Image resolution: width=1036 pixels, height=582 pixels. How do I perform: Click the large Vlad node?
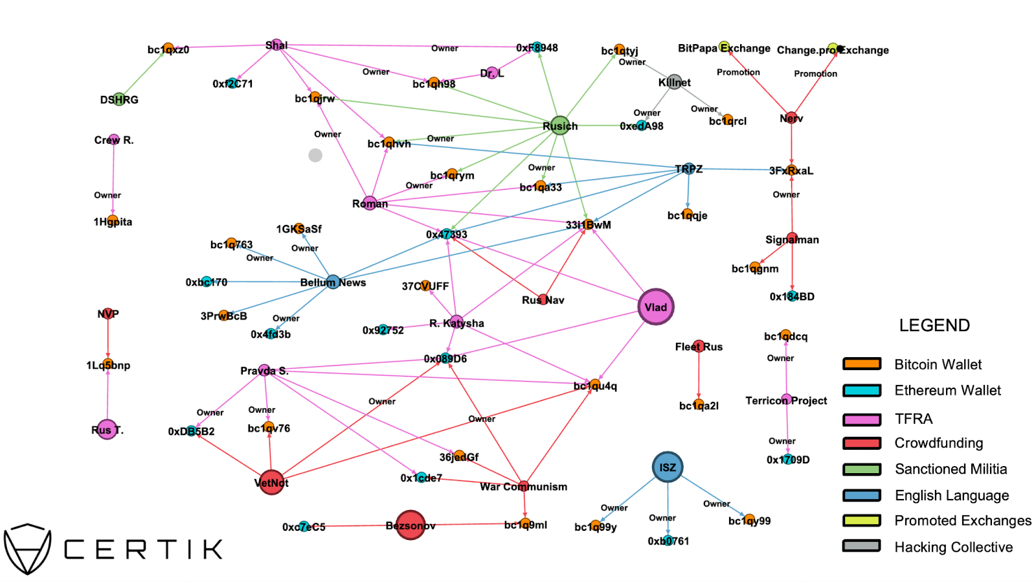pyautogui.click(x=656, y=307)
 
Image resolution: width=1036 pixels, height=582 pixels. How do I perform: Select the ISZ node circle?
pyautogui.click(x=668, y=467)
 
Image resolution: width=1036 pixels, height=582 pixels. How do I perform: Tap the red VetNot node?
pyautogui.click(x=271, y=482)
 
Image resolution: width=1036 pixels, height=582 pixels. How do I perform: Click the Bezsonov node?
pyautogui.click(x=410, y=525)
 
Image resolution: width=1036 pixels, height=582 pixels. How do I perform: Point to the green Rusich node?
pyautogui.click(x=559, y=126)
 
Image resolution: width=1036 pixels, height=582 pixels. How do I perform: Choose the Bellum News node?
pyautogui.click(x=333, y=282)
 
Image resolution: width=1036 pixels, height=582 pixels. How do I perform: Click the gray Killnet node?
pyautogui.click(x=674, y=82)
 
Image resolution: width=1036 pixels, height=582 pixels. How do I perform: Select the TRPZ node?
pyautogui.click(x=689, y=169)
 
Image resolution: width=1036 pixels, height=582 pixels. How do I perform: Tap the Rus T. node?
pyautogui.click(x=106, y=429)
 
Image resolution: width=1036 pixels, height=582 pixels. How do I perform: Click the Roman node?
pyautogui.click(x=370, y=203)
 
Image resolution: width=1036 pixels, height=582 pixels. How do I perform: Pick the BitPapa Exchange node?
pyautogui.click(x=724, y=46)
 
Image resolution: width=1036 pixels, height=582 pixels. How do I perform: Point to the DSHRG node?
pyautogui.click(x=118, y=99)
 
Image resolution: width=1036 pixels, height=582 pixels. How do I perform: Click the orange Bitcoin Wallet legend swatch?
pyautogui.click(x=861, y=364)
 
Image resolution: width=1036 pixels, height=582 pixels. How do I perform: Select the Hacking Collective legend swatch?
pyautogui.click(x=861, y=546)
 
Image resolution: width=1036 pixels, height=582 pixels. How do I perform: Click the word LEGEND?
pyautogui.click(x=934, y=325)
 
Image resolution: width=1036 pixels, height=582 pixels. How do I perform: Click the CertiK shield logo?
pyautogui.click(x=27, y=548)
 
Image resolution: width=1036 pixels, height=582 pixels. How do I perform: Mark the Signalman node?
pyautogui.click(x=792, y=237)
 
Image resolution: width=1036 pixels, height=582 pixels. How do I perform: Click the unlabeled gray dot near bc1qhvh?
pyautogui.click(x=315, y=155)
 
